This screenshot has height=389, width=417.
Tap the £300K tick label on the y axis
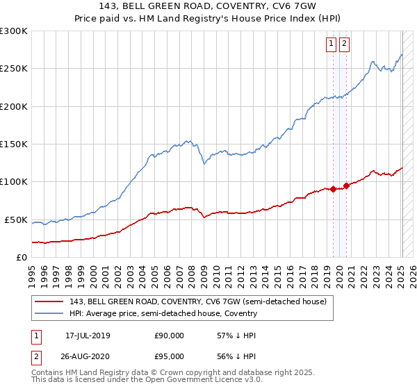14,31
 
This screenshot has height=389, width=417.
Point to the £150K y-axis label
14,144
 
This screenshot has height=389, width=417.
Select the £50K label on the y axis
17,220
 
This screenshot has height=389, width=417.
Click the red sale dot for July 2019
333,189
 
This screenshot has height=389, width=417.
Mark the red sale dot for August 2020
347,185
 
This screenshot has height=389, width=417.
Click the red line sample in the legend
49,301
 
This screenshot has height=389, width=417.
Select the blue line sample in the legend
49,313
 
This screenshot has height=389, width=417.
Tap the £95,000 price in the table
169,358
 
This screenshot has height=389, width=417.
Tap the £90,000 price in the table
169,336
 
